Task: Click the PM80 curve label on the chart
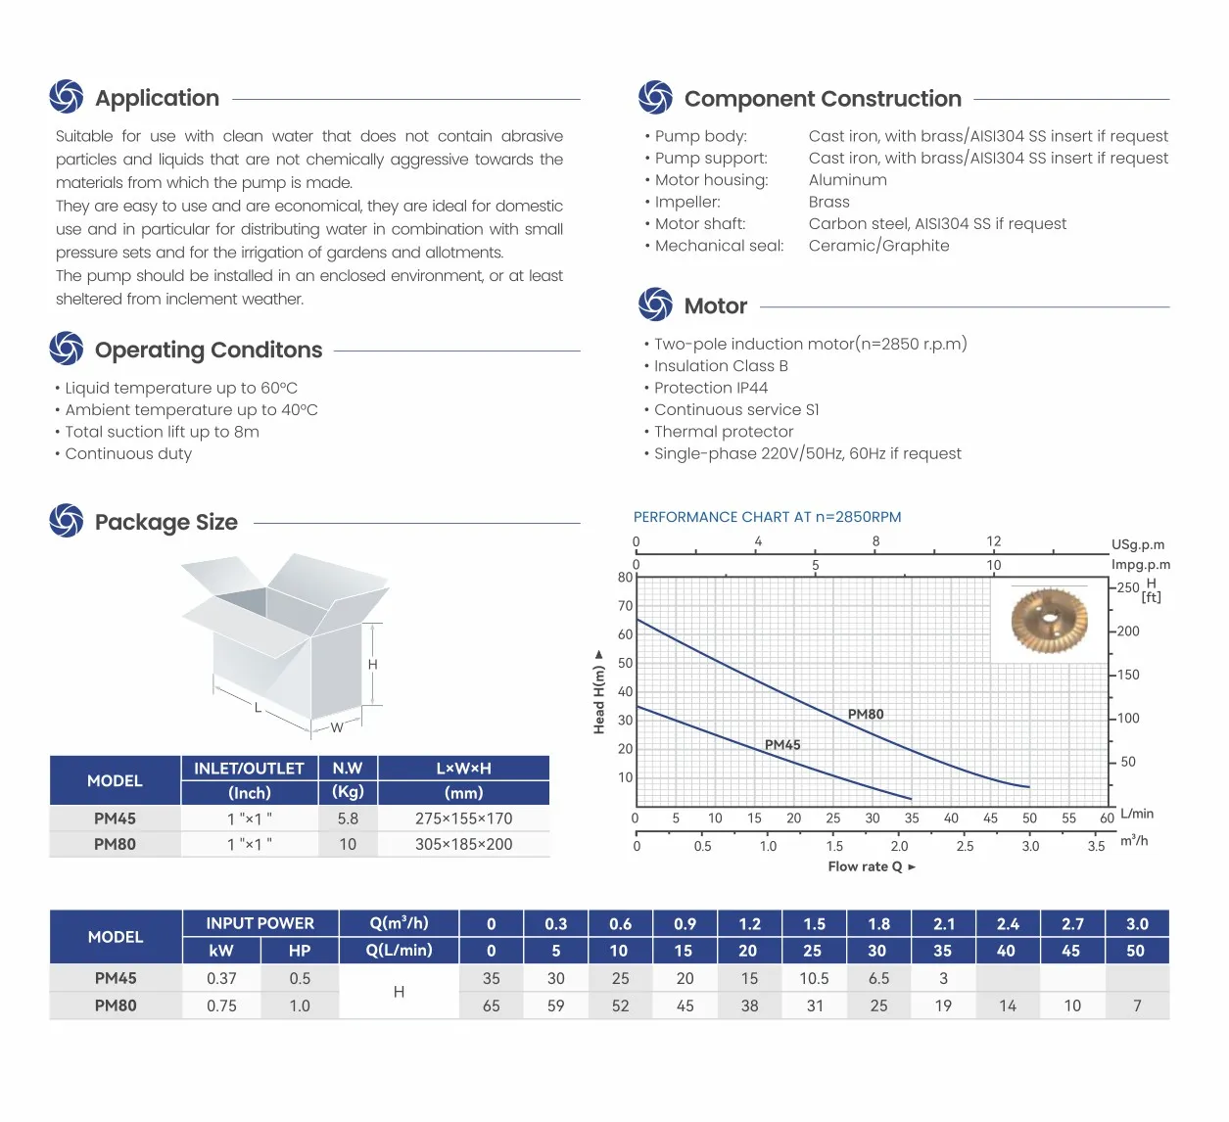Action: pos(866,715)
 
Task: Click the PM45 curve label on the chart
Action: pos(782,745)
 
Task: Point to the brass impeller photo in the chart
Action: pos(1049,621)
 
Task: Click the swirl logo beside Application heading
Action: pos(67,97)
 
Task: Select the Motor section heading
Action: pos(716,306)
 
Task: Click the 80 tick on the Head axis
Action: pos(625,578)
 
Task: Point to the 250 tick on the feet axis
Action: pos(1128,587)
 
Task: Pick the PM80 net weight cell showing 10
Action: pos(348,844)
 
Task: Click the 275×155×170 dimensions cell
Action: pos(463,818)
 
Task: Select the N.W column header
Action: pos(348,769)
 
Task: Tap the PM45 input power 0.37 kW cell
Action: pos(221,978)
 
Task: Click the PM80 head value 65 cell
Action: pos(492,1005)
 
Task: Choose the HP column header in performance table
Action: pos(300,951)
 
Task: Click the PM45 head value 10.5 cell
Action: pos(814,978)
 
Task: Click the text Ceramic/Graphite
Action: pos(878,246)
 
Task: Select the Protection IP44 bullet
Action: pos(710,388)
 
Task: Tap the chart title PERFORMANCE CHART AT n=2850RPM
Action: pos(767,517)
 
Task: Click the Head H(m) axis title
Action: pos(599,693)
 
